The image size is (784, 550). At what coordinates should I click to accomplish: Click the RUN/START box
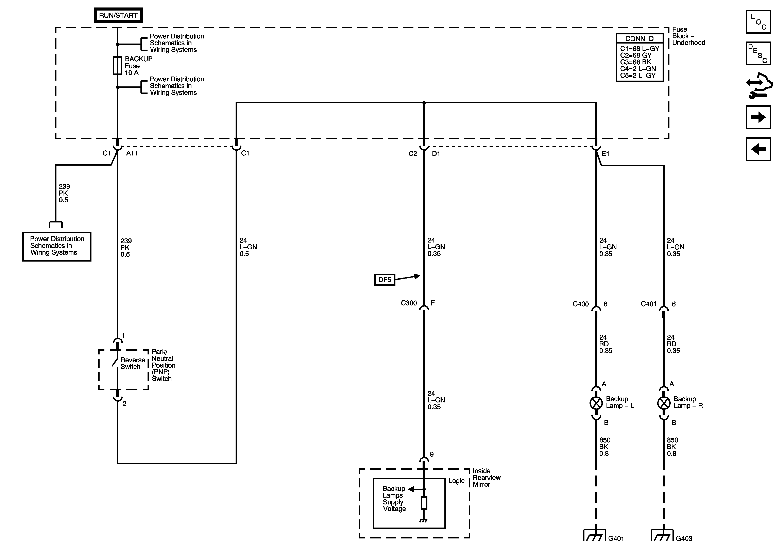click(x=118, y=15)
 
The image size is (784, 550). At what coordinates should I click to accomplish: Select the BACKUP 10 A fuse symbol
click(x=117, y=66)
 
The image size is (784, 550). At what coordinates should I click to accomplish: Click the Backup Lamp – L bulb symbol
click(x=596, y=403)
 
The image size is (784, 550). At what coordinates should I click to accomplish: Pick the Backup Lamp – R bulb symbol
click(x=664, y=403)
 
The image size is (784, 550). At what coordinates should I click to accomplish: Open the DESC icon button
click(x=758, y=53)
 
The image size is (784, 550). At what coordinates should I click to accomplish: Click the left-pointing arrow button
click(x=758, y=149)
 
